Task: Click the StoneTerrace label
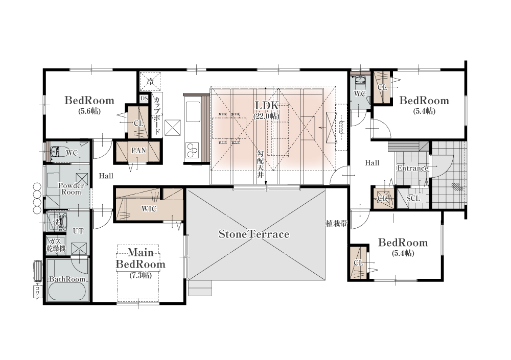253,234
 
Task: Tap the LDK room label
267,106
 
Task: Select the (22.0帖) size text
266,116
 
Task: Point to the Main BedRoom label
141,258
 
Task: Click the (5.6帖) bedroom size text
89,111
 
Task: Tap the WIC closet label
149,209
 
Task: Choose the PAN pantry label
138,151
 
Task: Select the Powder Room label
71,188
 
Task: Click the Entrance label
412,168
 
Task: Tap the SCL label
413,198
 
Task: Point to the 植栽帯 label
337,224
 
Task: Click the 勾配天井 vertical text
261,164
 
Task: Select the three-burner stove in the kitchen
192,150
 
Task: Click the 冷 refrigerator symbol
150,82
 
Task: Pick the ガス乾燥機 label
56,245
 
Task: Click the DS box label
144,99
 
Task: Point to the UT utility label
78,231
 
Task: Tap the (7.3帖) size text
141,275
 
